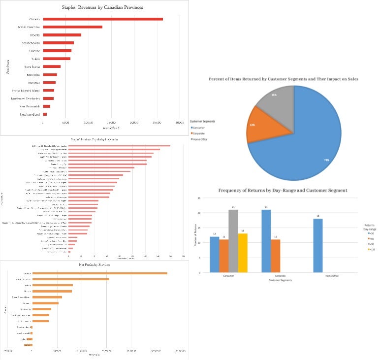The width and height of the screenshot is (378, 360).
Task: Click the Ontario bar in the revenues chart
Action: pos(103,19)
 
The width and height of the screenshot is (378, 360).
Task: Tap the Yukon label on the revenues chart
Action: pos(35,59)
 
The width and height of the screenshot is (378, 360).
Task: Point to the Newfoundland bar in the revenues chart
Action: pos(45,114)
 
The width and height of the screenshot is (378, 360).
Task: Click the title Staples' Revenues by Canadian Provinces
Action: pos(94,8)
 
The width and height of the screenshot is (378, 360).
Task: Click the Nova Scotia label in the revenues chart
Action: pos(32,66)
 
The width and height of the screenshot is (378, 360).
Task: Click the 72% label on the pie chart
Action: pos(326,160)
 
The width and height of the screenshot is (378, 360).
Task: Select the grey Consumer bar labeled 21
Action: pos(233,241)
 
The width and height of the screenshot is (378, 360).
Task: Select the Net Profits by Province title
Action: pos(94,265)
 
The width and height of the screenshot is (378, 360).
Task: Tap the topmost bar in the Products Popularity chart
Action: pos(119,146)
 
